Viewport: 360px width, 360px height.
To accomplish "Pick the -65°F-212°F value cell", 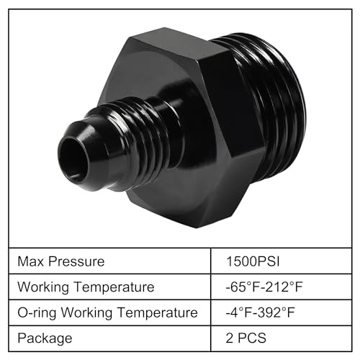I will click(x=265, y=287).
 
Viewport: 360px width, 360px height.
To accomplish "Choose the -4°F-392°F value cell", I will click(x=262, y=312).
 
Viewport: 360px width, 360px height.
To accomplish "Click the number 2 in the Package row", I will click(x=230, y=338).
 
